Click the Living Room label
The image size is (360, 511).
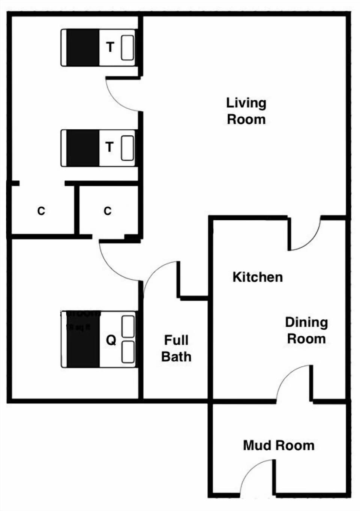click(246, 111)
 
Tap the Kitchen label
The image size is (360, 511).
click(258, 277)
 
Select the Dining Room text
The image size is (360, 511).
click(306, 330)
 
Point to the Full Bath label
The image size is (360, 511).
click(176, 348)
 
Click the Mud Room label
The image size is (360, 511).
click(279, 445)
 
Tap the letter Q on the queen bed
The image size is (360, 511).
click(111, 340)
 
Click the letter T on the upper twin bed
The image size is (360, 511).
click(110, 47)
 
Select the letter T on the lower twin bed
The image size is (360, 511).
click(109, 147)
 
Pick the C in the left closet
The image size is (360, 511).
click(41, 211)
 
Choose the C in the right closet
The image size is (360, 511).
click(108, 211)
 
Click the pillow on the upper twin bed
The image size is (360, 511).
click(127, 48)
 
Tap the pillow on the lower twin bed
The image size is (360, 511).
click(127, 148)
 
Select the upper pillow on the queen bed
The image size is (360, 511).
click(128, 327)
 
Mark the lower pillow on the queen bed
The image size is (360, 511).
click(128, 352)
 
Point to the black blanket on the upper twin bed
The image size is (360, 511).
click(82, 48)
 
